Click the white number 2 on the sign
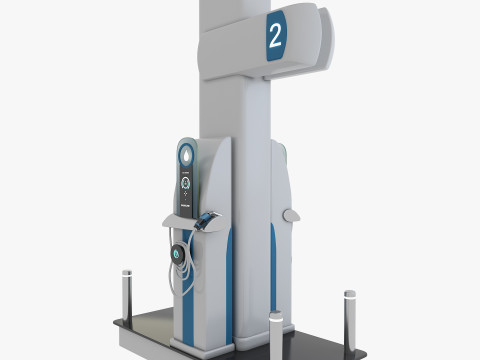[275, 38]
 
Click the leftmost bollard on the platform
[127, 290]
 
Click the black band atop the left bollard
[127, 272]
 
